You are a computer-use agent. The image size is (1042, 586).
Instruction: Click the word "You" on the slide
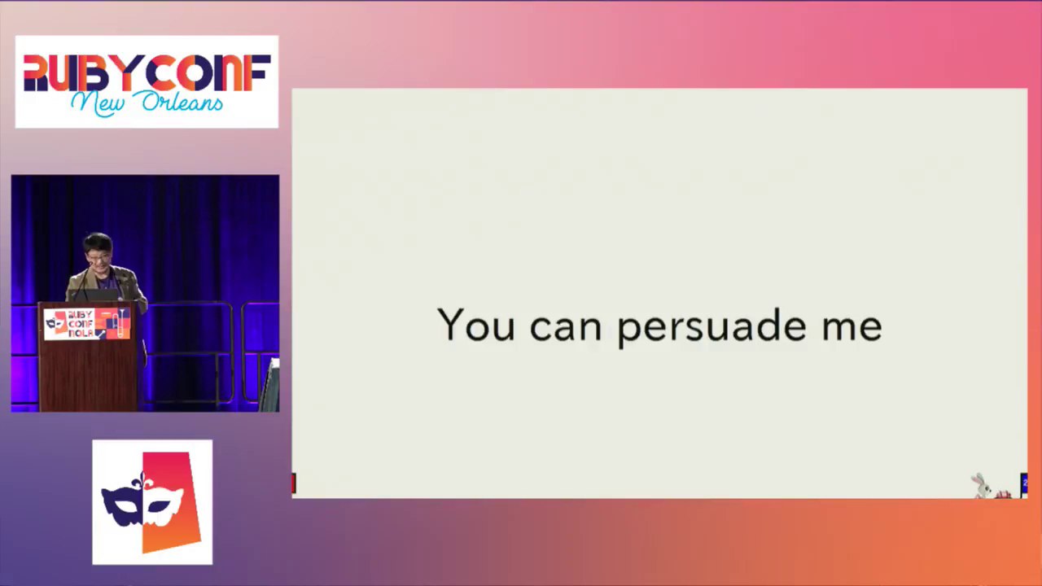(476, 325)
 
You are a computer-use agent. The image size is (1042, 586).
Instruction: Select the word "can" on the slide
(566, 327)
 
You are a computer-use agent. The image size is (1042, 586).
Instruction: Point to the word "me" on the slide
(852, 327)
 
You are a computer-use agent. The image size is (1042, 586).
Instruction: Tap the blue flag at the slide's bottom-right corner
(1024, 485)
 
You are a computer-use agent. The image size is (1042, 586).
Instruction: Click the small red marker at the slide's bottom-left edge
(294, 483)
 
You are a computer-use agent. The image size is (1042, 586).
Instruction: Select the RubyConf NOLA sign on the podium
(87, 323)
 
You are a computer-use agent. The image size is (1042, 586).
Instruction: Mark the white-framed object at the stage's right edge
(269, 384)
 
